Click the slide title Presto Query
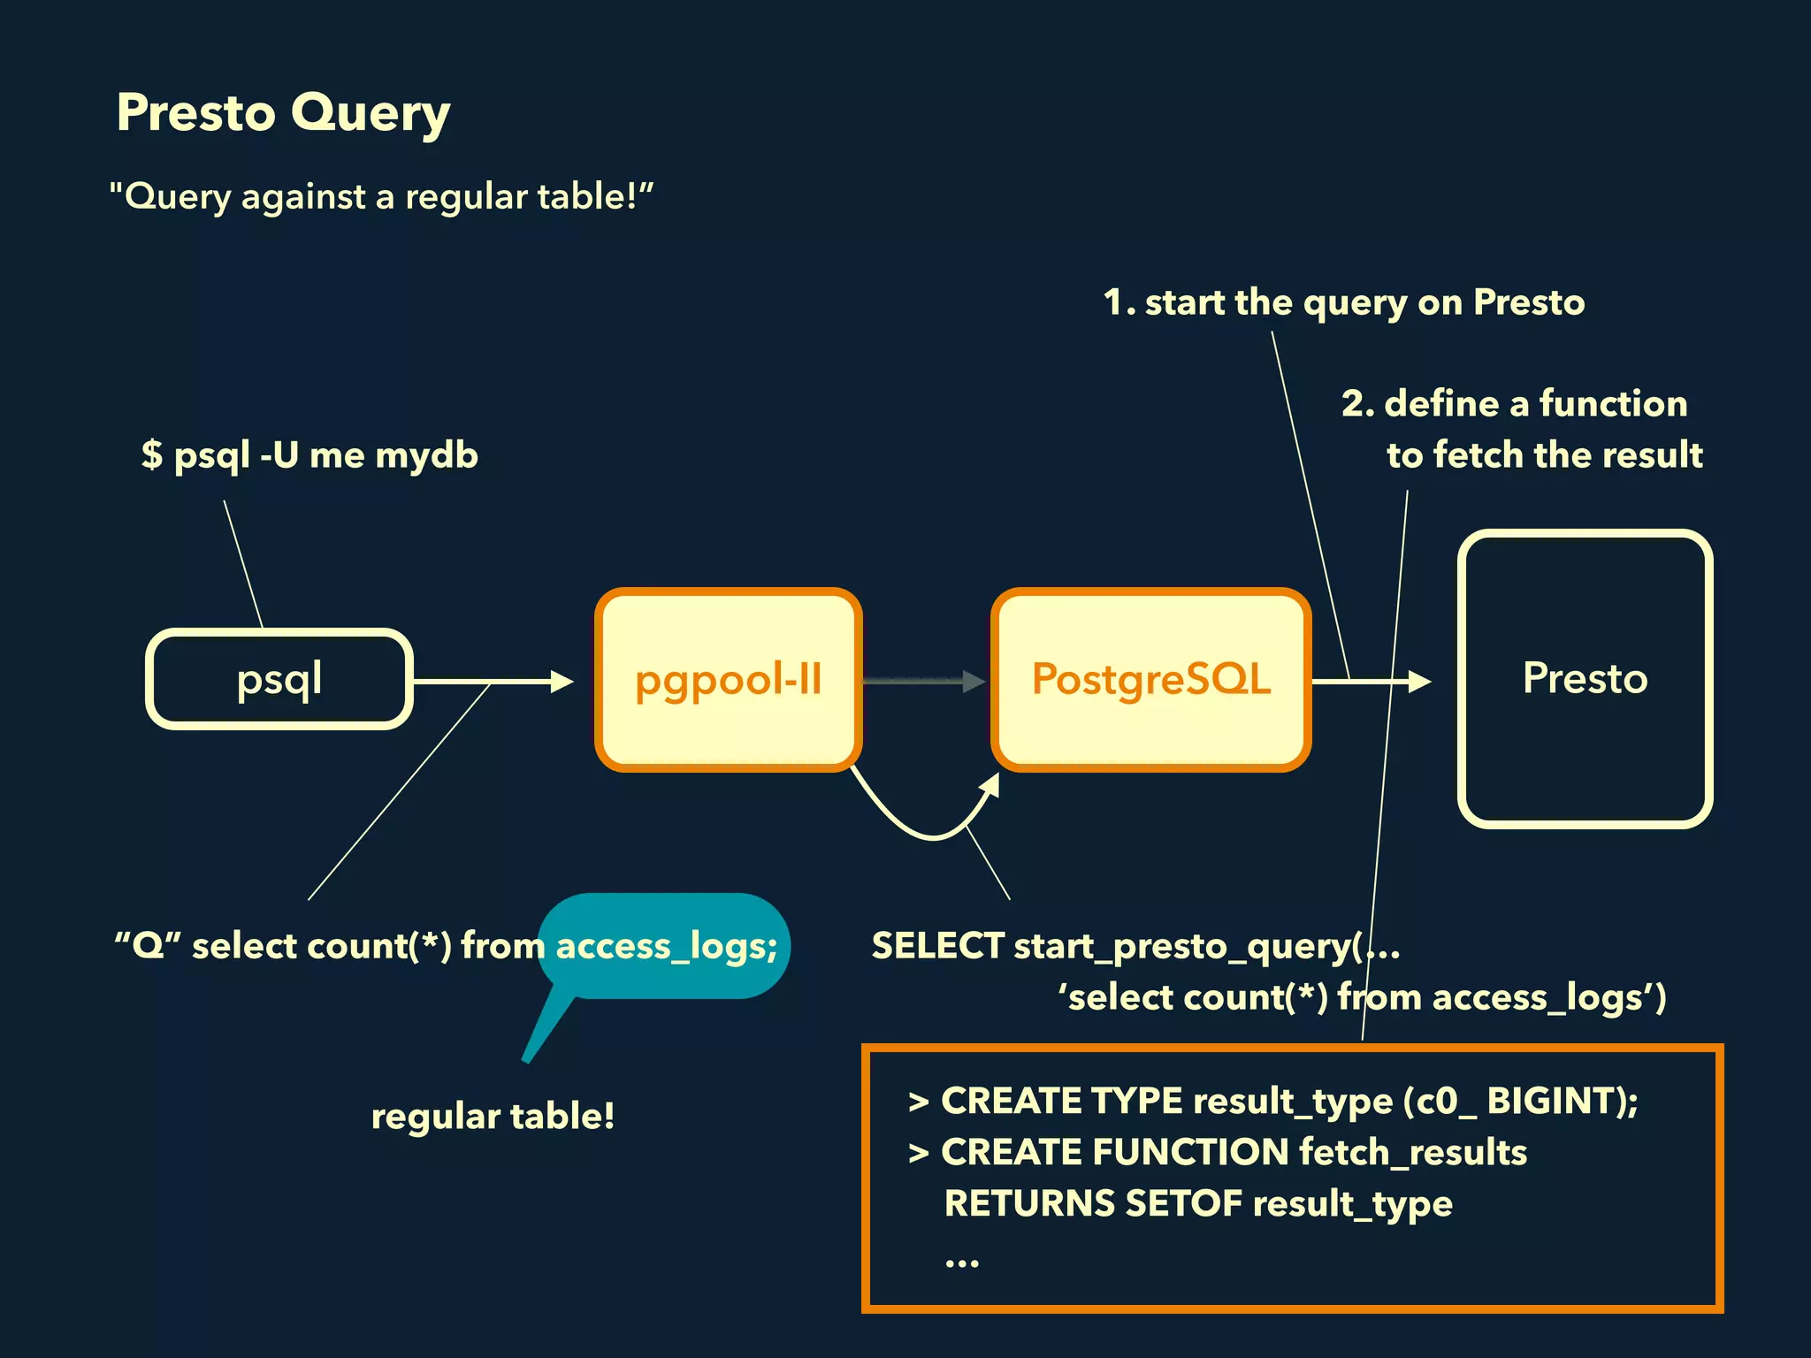[283, 113]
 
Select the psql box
[279, 679]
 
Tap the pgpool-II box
[728, 679]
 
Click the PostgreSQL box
[1150, 679]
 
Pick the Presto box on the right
[1585, 679]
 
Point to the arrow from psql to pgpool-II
[492, 681]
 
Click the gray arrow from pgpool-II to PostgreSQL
[923, 681]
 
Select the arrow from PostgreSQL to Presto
[1371, 681]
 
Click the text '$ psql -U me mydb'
[309, 455]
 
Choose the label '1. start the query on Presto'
[1344, 302]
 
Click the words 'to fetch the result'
[1544, 455]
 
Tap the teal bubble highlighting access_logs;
[663, 946]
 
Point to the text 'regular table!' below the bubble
[493, 1116]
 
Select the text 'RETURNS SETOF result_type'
[1198, 1203]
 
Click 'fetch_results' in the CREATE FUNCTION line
[1413, 1152]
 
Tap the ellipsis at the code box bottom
[961, 1263]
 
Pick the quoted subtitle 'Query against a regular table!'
[380, 196]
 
